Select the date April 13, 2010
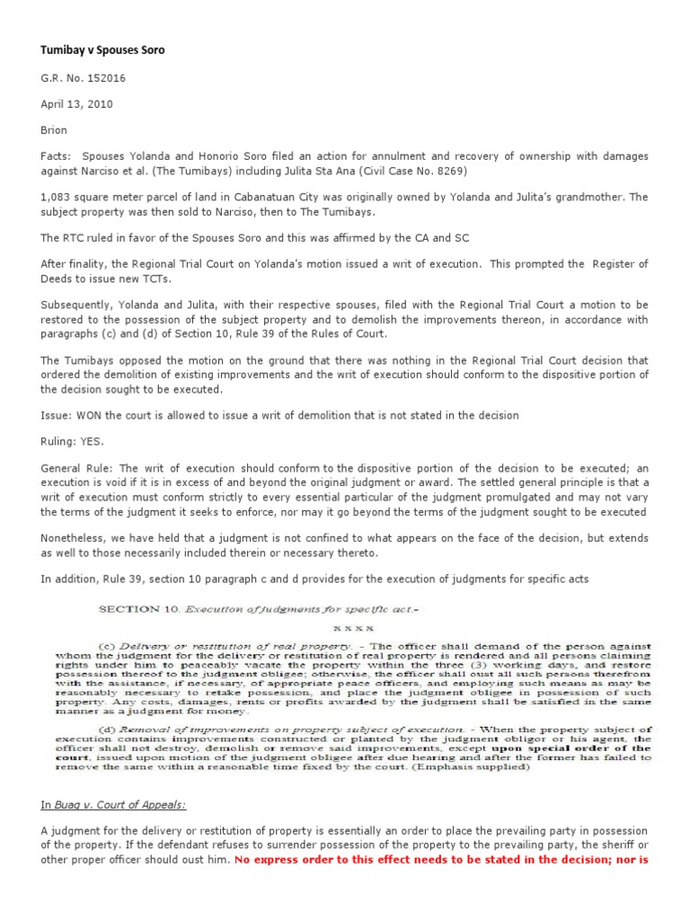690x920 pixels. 76,103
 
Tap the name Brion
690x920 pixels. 54,129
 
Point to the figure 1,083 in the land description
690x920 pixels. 57,197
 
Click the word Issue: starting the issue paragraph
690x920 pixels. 57,415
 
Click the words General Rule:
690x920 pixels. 76,468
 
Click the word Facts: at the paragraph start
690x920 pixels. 57,156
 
